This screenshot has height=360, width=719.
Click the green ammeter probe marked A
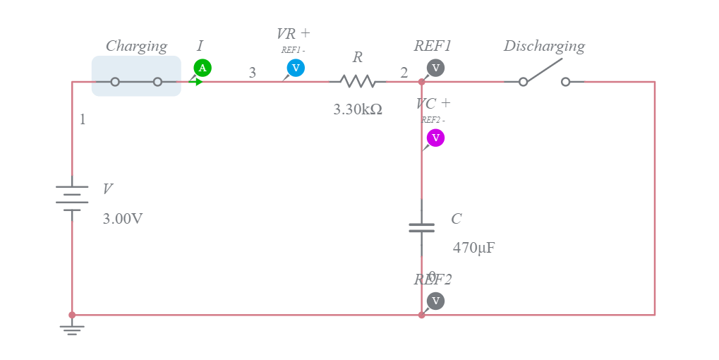click(x=203, y=68)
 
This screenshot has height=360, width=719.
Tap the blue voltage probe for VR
click(x=296, y=68)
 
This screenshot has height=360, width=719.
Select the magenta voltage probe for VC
click(x=435, y=138)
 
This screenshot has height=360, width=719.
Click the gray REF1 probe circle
click(x=435, y=68)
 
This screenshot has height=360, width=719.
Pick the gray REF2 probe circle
click(x=435, y=301)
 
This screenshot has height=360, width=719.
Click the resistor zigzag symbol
click(x=358, y=82)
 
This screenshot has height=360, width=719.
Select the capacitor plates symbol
click(x=422, y=227)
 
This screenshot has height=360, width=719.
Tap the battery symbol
click(x=72, y=198)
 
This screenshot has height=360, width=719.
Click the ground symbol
click(x=72, y=330)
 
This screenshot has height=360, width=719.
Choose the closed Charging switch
click(x=136, y=82)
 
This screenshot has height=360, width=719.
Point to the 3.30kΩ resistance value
click(x=358, y=109)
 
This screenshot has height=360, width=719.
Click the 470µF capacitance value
click(x=473, y=248)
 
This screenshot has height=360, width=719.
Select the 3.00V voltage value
click(x=123, y=219)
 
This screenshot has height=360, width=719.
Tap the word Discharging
click(x=544, y=46)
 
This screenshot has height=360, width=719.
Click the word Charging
click(x=136, y=46)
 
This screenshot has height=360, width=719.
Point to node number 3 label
click(x=252, y=73)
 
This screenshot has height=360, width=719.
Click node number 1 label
click(x=83, y=119)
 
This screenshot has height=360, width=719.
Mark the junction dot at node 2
click(x=422, y=82)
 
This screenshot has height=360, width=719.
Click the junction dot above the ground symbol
click(x=72, y=315)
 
